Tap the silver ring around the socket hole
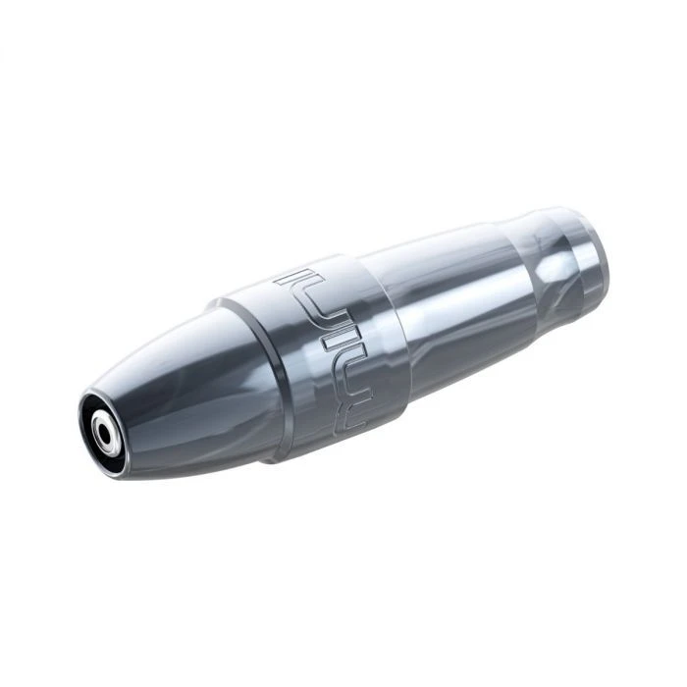click(x=107, y=424)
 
